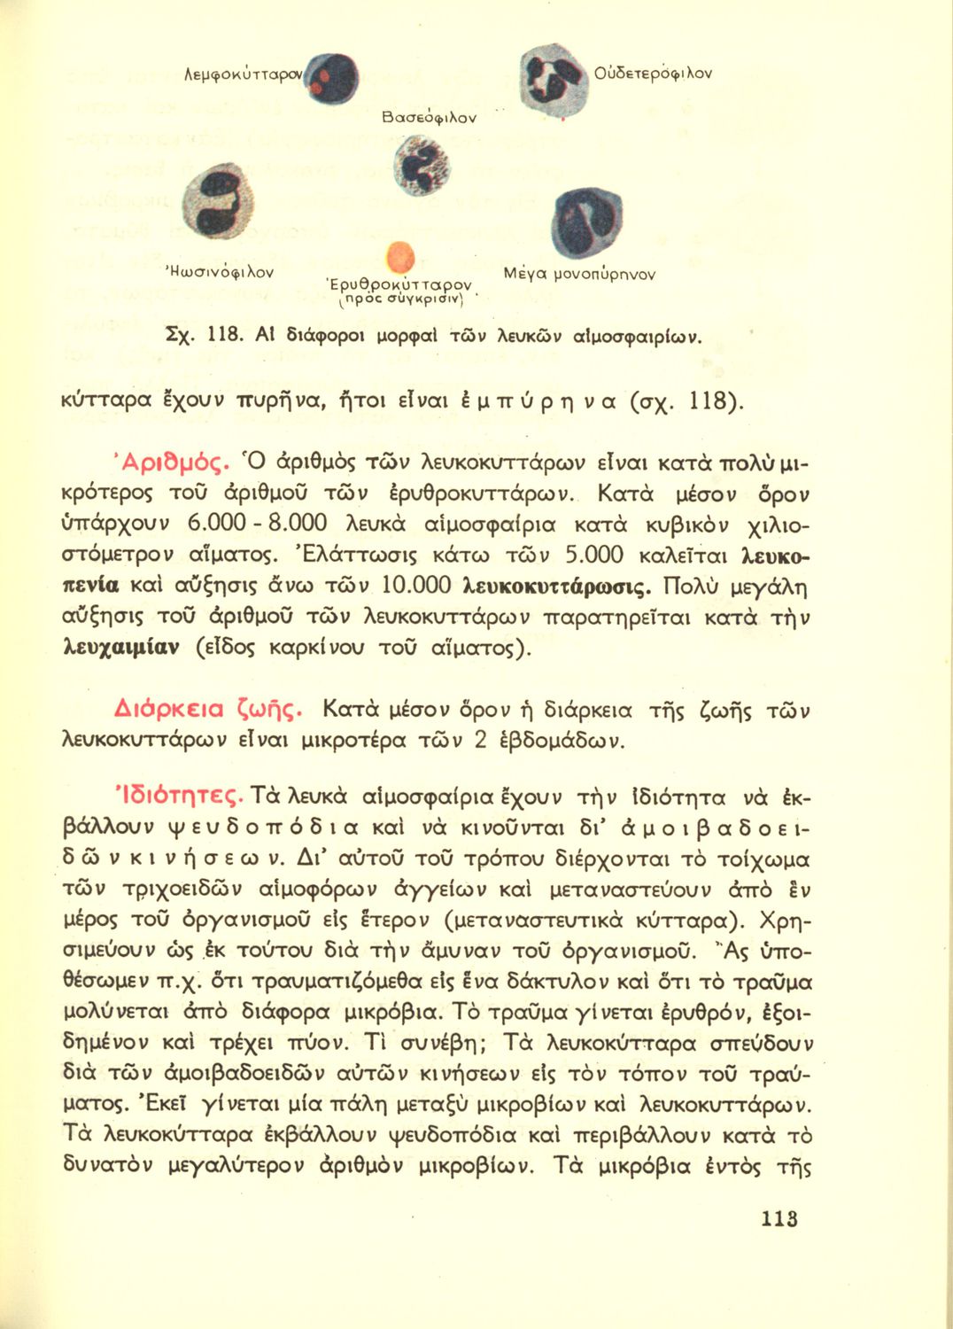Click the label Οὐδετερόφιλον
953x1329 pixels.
click(x=654, y=73)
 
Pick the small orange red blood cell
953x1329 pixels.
click(x=401, y=257)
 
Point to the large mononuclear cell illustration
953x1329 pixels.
click(x=585, y=221)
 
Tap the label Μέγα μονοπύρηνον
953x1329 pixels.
click(x=579, y=274)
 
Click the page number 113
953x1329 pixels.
click(x=779, y=1218)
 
